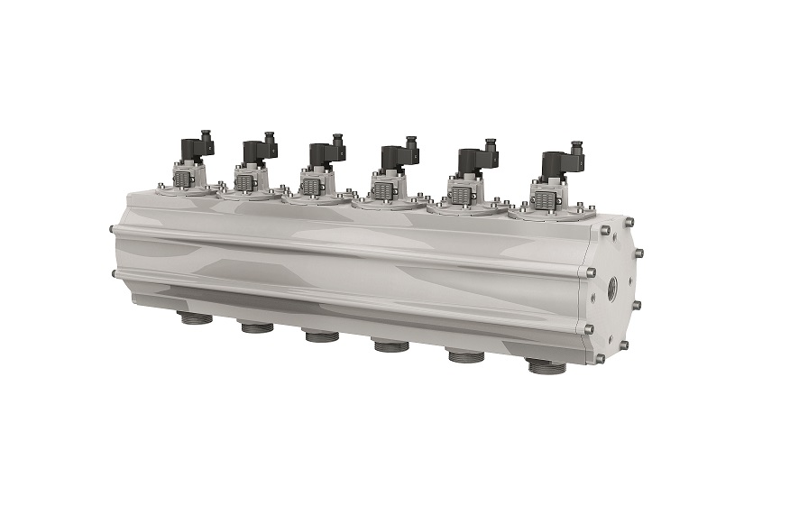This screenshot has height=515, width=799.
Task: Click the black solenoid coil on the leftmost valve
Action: pos(193,150)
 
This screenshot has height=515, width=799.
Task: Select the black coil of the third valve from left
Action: pos(322,155)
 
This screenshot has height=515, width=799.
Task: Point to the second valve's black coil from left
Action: pos(255,152)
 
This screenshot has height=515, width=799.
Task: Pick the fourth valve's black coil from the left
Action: pos(393,158)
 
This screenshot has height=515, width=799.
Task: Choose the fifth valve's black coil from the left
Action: pos(472,161)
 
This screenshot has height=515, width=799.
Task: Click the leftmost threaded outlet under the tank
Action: pos(196,317)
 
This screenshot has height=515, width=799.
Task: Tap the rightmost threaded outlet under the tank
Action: pos(546,365)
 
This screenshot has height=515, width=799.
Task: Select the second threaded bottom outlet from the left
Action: pos(257,326)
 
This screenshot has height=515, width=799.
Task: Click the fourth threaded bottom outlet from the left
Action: pos(390,345)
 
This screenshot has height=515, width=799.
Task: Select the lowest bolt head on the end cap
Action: pos(599,359)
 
